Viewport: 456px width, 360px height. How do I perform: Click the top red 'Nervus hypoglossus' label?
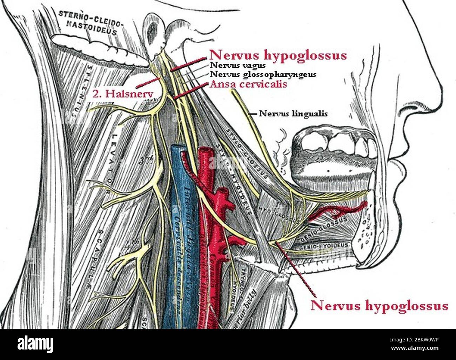(x=278, y=55)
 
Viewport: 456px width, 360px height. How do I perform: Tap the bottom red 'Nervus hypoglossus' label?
(x=379, y=305)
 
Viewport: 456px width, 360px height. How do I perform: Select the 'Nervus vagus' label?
(x=237, y=65)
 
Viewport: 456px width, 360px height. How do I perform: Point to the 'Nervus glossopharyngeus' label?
(x=263, y=74)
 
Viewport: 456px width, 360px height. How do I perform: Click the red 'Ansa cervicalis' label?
(x=248, y=84)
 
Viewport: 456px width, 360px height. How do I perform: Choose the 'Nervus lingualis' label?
(x=293, y=114)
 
